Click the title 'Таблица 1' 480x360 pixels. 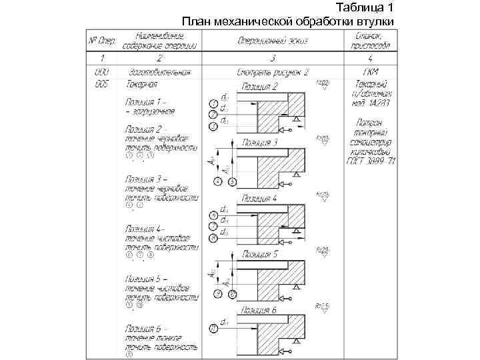pyautogui.click(x=365, y=8)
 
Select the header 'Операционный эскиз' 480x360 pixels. pyautogui.click(x=272, y=41)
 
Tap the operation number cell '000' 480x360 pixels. pyautogui.click(x=101, y=71)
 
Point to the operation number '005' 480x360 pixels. pyautogui.click(x=101, y=84)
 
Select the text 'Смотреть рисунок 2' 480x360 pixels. pyautogui.click(x=272, y=71)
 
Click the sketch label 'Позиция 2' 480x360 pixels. pyautogui.click(x=261, y=87)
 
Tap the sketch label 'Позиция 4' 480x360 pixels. pyautogui.click(x=261, y=199)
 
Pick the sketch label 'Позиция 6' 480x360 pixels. pyautogui.click(x=261, y=311)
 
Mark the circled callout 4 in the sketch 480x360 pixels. pyautogui.click(x=217, y=181)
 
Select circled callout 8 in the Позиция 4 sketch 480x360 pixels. pyautogui.click(x=213, y=238)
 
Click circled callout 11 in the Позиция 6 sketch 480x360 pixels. pyautogui.click(x=213, y=328)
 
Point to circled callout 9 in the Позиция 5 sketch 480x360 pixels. pyautogui.click(x=217, y=294)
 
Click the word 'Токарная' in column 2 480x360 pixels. pyautogui.click(x=142, y=84)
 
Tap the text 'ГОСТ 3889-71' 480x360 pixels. pyautogui.click(x=372, y=161)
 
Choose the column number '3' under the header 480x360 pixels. pyautogui.click(x=272, y=59)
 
